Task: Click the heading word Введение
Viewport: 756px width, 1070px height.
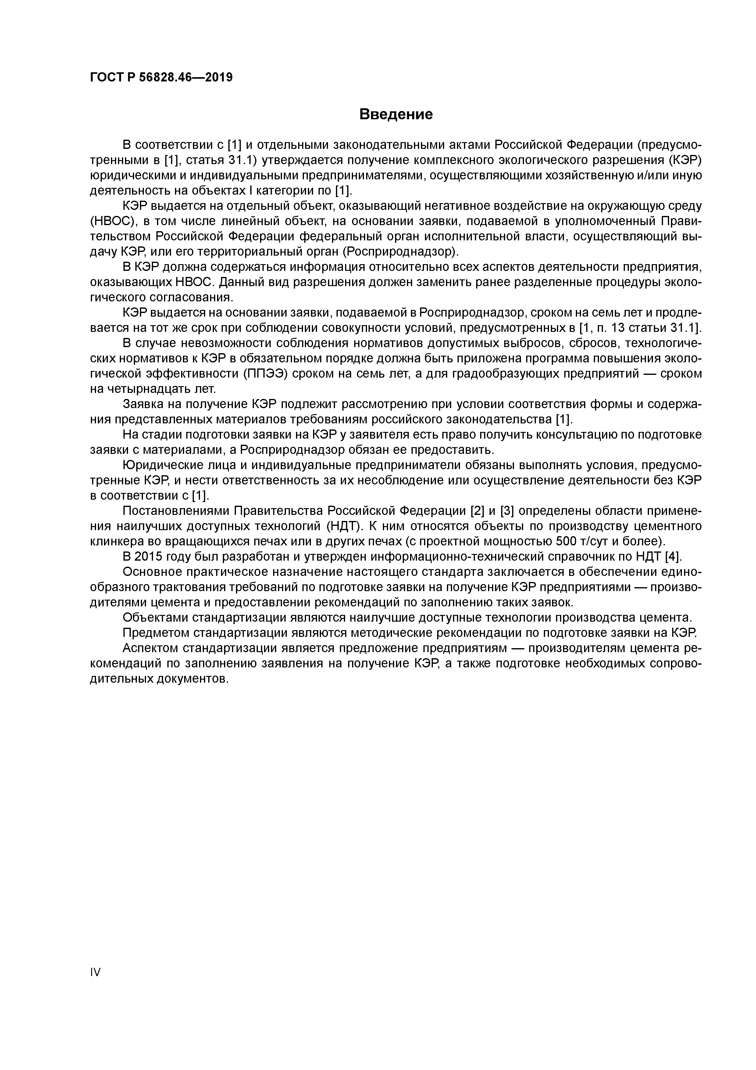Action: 396,114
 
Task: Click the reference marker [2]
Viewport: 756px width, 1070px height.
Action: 477,511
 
